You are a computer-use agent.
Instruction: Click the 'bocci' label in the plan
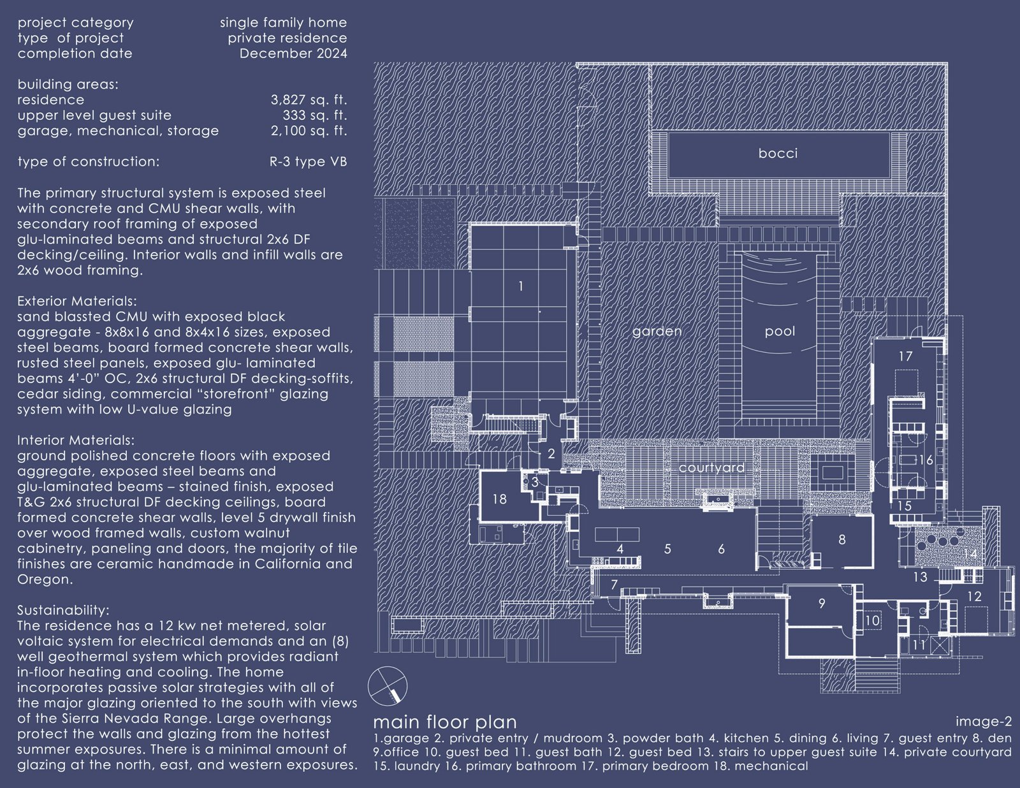pos(778,154)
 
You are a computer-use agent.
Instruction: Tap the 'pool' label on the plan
pos(780,332)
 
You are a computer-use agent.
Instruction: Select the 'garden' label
pos(657,332)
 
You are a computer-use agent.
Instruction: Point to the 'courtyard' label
pos(711,468)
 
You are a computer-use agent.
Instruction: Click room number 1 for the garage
pos(521,286)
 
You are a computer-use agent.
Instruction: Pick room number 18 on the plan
pos(499,499)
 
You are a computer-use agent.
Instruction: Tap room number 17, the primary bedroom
pos(905,356)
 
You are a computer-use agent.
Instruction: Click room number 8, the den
pos(842,540)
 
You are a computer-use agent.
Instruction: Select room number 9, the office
pos(822,604)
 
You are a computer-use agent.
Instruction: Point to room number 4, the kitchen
pos(620,549)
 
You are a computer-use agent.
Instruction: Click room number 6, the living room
pos(722,549)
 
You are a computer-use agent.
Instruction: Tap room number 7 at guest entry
pos(614,585)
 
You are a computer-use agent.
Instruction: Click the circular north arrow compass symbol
pos(388,686)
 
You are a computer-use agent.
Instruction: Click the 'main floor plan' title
pos(445,722)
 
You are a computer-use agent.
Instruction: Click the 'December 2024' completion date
pos(293,54)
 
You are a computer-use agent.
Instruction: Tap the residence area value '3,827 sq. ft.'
pos(309,100)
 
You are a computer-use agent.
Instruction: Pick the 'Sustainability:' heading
pos(63,610)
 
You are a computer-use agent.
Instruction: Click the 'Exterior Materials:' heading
pos(77,301)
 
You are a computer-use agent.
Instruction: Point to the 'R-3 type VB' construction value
pos(309,162)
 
